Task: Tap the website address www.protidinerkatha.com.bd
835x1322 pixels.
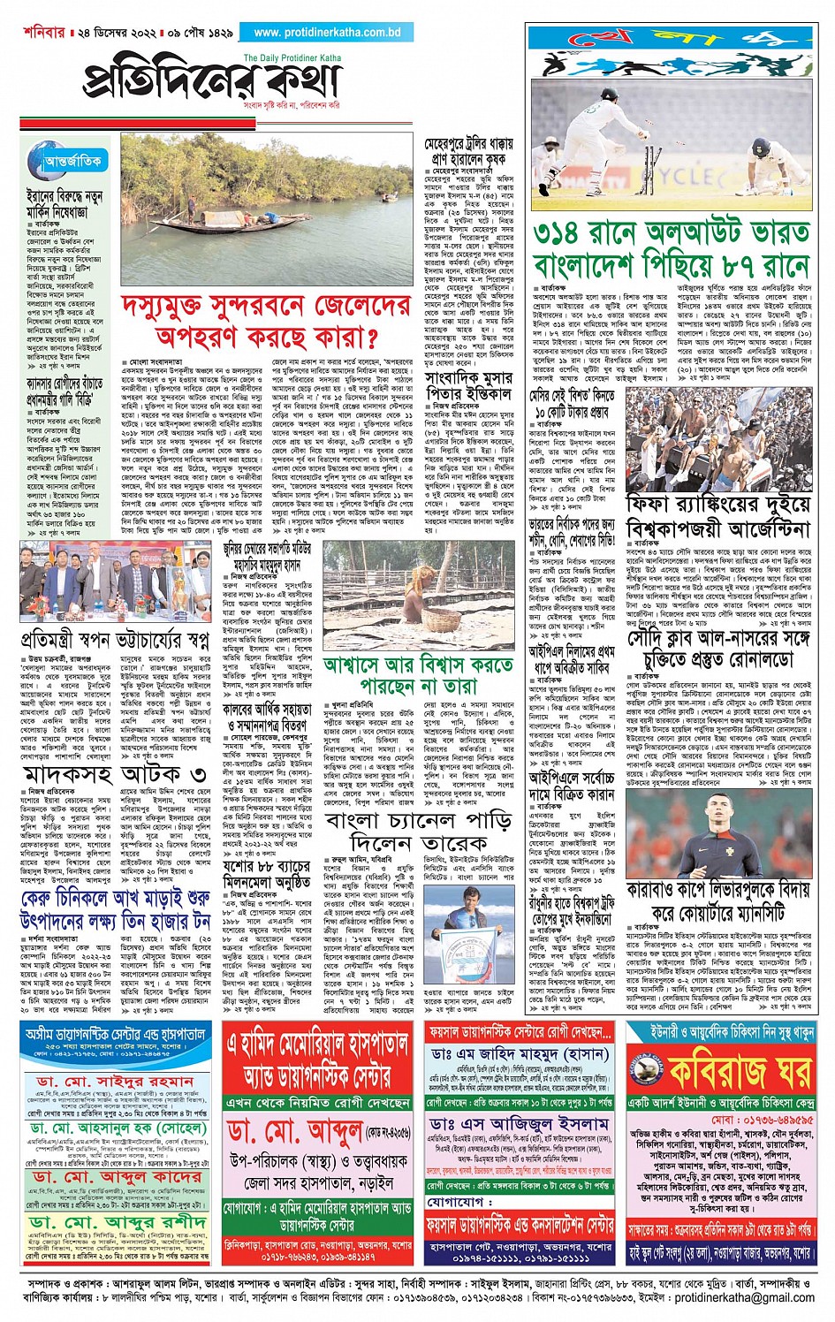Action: pyautogui.click(x=326, y=33)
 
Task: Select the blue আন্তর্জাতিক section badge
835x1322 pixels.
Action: pyautogui.click(x=73, y=161)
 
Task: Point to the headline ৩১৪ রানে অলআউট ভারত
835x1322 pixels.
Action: pyautogui.click(x=671, y=233)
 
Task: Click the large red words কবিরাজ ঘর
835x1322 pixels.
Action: pyautogui.click(x=739, y=1071)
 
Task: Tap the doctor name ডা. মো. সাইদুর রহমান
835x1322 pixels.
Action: pyautogui.click(x=115, y=1082)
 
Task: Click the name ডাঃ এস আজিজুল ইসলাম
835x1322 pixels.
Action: pyautogui.click(x=520, y=1123)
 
